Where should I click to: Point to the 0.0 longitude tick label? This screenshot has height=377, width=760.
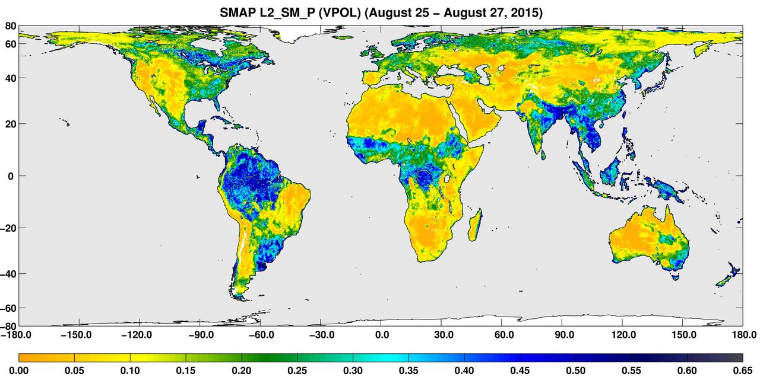coord(381,335)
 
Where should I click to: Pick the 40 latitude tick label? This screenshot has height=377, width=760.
coord(11,78)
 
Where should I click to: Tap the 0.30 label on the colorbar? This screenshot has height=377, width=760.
coord(353,371)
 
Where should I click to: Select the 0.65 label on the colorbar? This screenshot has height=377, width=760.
coord(743,371)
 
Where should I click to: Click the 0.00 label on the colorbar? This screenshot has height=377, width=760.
coord(19,371)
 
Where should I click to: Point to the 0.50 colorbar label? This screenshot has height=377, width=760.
coord(576,371)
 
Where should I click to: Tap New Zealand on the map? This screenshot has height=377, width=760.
coord(729,276)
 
